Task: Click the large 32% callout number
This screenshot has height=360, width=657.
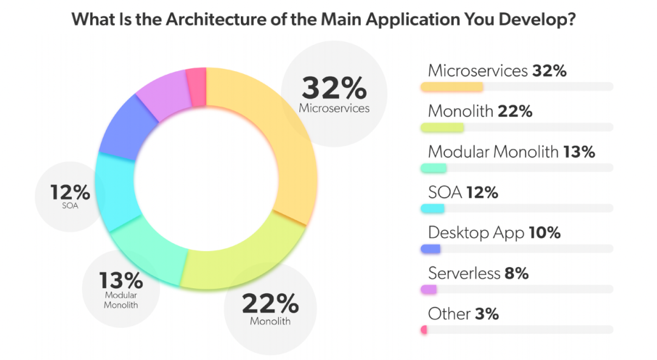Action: [334, 89]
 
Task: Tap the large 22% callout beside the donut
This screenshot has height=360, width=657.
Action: [270, 303]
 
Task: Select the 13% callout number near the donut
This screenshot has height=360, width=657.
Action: [121, 280]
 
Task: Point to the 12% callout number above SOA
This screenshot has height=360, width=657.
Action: [71, 193]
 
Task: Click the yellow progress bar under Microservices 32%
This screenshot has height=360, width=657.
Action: [451, 86]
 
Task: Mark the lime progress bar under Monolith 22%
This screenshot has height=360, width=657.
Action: [442, 127]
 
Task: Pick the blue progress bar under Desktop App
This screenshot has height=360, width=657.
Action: [430, 249]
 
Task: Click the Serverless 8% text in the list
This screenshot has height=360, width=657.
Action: [478, 274]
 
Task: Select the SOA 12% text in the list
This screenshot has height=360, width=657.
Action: [463, 192]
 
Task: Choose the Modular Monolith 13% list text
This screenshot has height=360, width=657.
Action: [511, 151]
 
